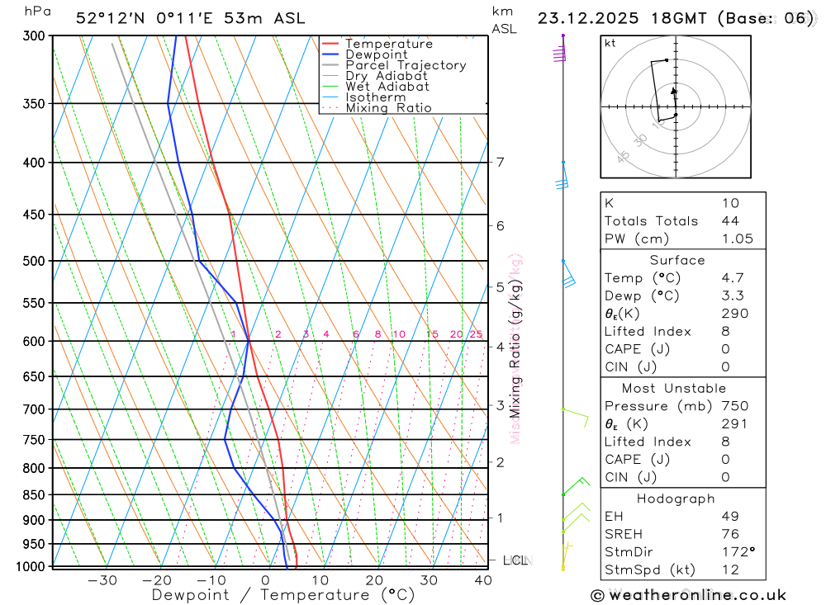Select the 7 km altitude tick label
[501, 162]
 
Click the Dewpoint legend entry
[376, 54]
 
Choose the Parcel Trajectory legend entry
[406, 65]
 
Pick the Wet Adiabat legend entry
[387, 87]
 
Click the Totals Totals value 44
[730, 221]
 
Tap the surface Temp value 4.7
[733, 278]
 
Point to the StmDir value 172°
[734, 552]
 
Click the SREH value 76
[730, 534]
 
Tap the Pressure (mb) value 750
[734, 406]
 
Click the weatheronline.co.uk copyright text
[689, 595]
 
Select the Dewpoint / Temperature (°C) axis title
[282, 595]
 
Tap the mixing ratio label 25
[476, 334]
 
